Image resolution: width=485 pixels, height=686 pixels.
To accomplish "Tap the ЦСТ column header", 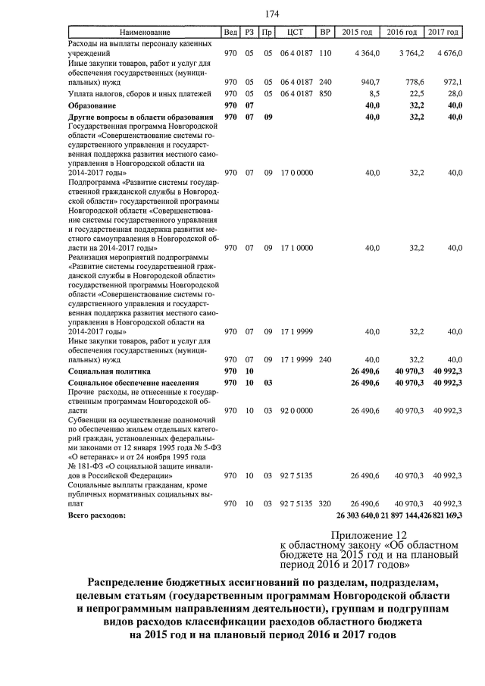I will (296, 33).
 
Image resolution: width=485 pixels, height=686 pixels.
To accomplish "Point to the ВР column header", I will (325, 33).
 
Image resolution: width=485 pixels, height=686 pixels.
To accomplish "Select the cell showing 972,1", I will (449, 81).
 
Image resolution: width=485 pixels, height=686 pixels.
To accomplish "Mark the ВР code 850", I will (326, 92).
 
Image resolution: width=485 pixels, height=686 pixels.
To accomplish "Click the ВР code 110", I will (326, 55).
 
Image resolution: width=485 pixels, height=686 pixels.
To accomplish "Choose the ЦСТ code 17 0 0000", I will (296, 173).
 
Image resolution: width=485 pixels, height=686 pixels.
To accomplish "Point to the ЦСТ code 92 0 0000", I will (296, 410).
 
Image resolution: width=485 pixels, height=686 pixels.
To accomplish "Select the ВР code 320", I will (326, 503).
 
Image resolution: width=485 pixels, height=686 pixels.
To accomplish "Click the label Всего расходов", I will (97, 515).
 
